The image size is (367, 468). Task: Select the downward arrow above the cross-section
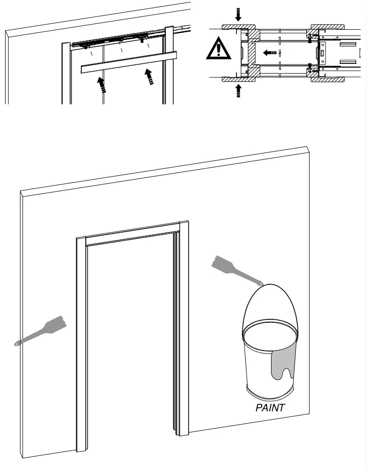tap(238, 14)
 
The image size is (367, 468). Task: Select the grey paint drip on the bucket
tap(284, 364)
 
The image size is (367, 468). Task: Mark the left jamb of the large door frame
tap(81, 341)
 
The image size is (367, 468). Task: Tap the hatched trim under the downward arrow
tap(238, 26)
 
